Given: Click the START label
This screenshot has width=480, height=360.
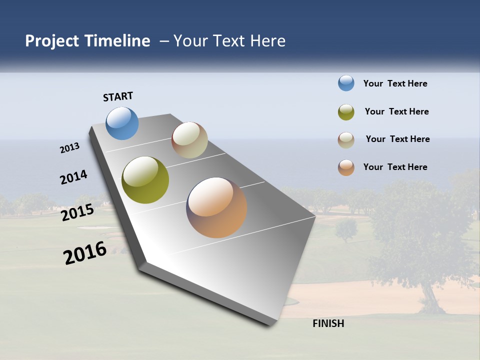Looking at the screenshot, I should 118,96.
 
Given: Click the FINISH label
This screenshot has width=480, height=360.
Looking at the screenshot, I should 328,323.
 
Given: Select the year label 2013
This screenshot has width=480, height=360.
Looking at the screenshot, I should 69,148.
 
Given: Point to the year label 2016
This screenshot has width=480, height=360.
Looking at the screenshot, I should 85,253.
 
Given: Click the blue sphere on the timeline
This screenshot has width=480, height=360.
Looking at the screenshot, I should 122,123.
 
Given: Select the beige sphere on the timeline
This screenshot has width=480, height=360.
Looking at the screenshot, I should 189,140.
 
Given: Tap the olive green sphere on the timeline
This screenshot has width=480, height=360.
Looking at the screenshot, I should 145,180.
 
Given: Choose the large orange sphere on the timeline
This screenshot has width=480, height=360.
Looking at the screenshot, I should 216,207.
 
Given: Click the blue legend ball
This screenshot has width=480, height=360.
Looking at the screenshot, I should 346,83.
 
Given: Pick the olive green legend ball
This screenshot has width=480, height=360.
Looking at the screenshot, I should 346,112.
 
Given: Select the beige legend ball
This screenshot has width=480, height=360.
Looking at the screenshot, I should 346,140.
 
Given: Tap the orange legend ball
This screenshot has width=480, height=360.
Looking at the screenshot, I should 346,167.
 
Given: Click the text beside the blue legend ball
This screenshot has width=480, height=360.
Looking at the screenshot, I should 395,83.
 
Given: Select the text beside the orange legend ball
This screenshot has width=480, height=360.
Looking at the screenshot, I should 395,167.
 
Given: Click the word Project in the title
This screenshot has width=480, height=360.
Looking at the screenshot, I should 51,41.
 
